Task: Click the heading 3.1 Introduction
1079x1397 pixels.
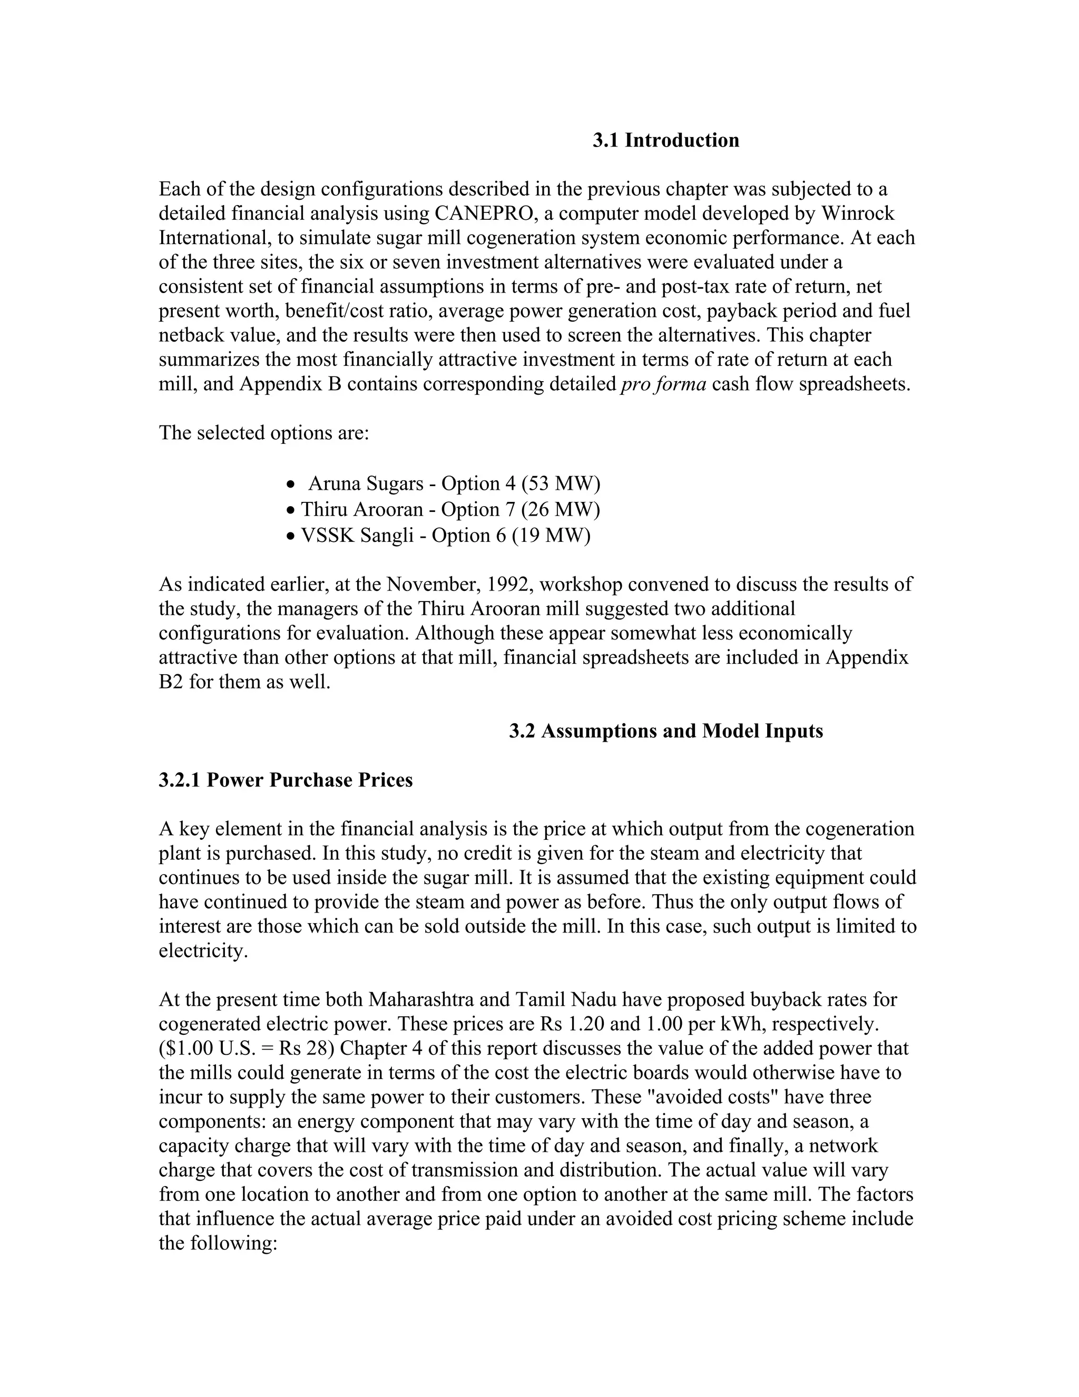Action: click(x=665, y=140)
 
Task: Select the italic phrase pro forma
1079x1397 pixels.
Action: click(x=663, y=384)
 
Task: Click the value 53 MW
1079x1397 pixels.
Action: click(x=561, y=483)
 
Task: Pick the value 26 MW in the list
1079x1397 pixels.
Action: click(x=561, y=509)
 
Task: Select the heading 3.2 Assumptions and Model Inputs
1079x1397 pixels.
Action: click(x=665, y=731)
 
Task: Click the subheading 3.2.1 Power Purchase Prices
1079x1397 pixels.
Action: click(x=286, y=780)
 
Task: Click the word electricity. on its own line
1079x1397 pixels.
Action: click(x=203, y=951)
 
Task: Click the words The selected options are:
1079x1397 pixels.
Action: click(x=264, y=433)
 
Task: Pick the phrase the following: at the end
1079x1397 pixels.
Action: click(x=218, y=1244)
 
